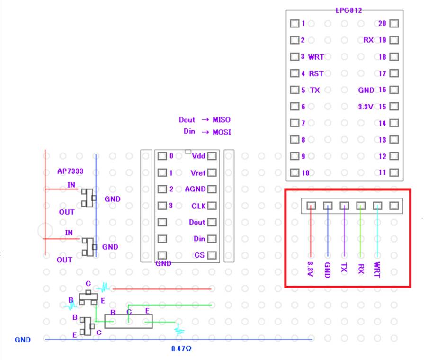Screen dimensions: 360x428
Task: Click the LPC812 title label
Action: (x=348, y=10)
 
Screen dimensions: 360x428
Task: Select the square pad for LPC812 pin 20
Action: (x=393, y=24)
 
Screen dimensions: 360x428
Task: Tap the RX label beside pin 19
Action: (x=368, y=40)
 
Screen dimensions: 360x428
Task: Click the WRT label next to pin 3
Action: (x=316, y=57)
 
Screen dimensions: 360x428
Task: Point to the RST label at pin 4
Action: (x=316, y=73)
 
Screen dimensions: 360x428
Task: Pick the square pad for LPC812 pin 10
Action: (x=294, y=173)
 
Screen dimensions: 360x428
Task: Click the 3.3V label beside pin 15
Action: (x=366, y=107)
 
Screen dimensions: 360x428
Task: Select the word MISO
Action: (x=221, y=120)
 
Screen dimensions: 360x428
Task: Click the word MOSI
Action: (x=222, y=132)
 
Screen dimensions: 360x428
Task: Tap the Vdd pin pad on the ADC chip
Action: (x=212, y=156)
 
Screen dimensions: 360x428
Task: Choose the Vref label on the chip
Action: (x=197, y=172)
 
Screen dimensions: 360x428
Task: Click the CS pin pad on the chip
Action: (x=212, y=255)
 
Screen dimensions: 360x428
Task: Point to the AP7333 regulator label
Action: (x=70, y=171)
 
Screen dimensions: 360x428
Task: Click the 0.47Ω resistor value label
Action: (x=181, y=349)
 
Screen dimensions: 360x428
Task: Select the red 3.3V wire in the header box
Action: (x=311, y=232)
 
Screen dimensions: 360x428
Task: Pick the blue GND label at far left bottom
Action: (x=22, y=340)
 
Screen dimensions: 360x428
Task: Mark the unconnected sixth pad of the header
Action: (x=394, y=206)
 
